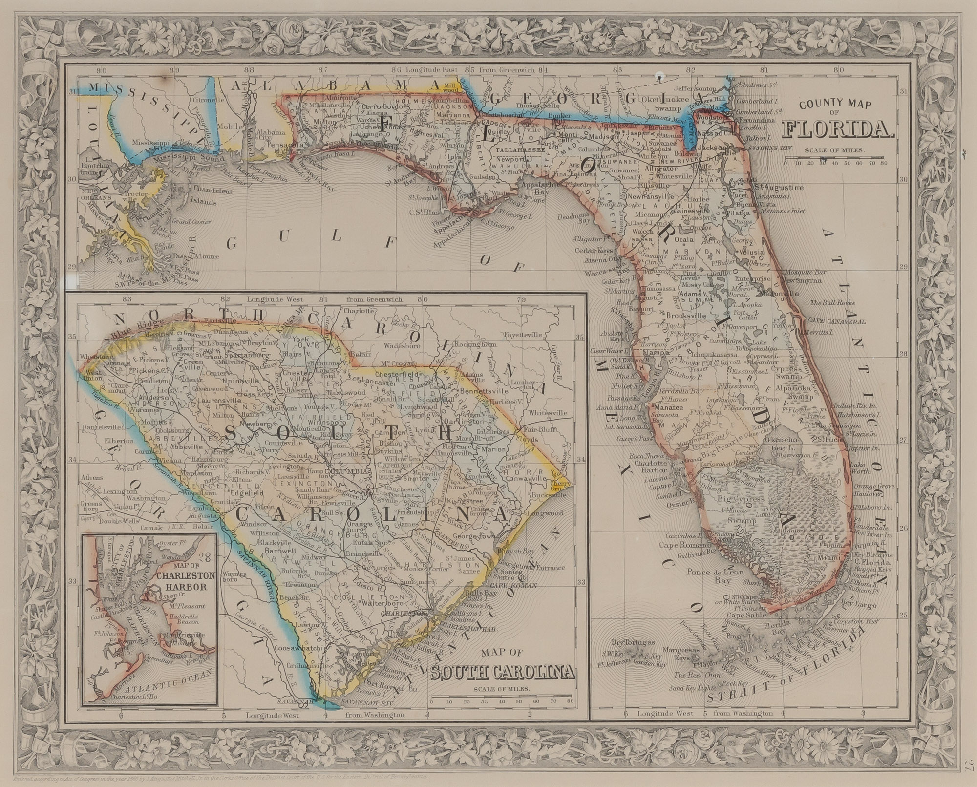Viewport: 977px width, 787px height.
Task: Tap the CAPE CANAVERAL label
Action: tap(836, 322)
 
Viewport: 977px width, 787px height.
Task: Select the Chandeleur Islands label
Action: tap(198, 195)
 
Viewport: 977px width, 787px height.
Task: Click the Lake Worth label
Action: tap(860, 468)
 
